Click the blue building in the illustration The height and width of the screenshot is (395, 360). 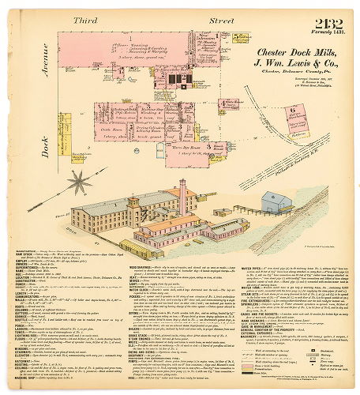tap(278, 202)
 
